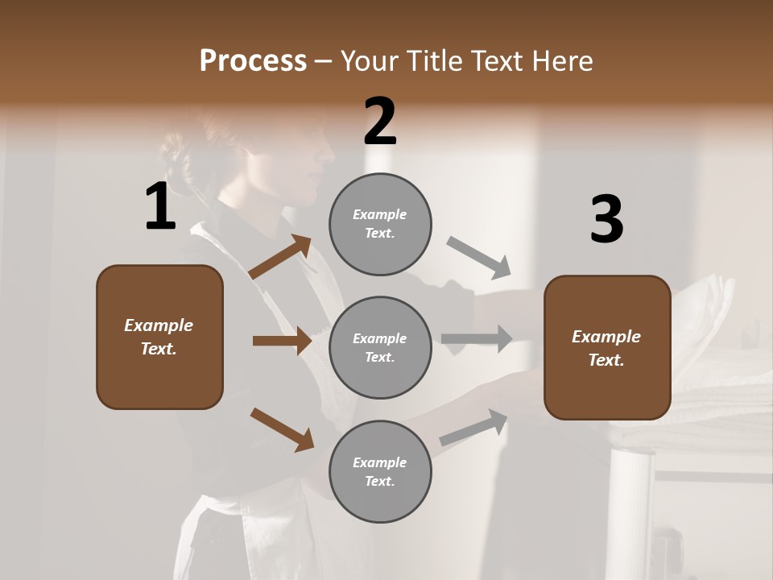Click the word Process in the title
pos(253,60)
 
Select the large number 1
pos(160,207)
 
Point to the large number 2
pos(380,122)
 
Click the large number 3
pos(606,219)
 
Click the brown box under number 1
pos(159,337)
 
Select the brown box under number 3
pos(607,347)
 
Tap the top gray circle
pos(380,224)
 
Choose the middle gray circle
pos(380,347)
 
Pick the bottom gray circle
pos(380,471)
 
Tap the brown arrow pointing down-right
pos(282,429)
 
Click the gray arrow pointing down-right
pos(479,258)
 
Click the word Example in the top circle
pos(379,214)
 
